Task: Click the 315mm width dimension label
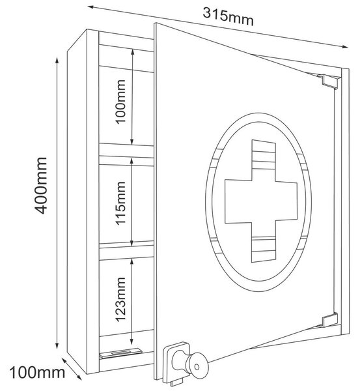[x=228, y=17]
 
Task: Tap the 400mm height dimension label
[x=41, y=186]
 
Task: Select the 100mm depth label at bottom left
[x=37, y=373]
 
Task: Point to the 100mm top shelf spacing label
[x=120, y=102]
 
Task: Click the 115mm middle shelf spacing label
[x=120, y=203]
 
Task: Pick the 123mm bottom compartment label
[x=120, y=299]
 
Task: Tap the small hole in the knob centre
[x=197, y=367]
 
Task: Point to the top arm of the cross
[x=264, y=160]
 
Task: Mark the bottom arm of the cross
[x=264, y=242]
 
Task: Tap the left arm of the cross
[x=238, y=201]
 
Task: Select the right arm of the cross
[x=286, y=201]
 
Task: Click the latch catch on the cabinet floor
[x=120, y=353]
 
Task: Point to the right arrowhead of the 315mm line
[x=345, y=47]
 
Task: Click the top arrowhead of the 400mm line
[x=57, y=61]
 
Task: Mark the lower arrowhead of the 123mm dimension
[x=132, y=340]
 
